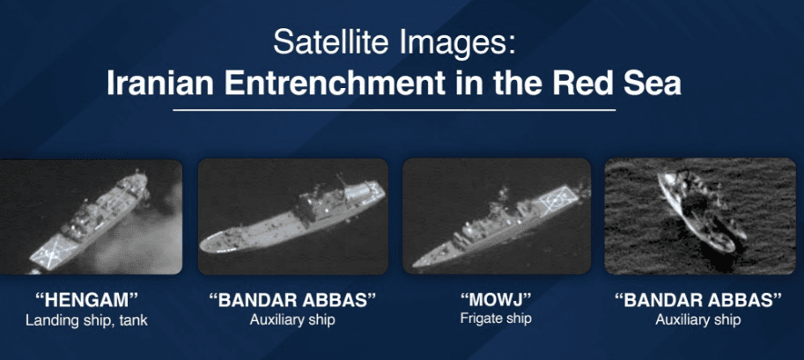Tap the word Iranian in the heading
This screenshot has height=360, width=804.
point(160,83)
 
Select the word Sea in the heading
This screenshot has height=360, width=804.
point(653,83)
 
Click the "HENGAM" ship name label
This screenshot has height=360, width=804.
point(86,300)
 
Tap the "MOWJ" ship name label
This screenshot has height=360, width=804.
point(495,299)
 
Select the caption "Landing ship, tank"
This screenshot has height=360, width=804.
point(86,321)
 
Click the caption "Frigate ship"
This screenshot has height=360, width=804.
point(496,318)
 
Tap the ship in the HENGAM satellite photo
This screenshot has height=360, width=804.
point(90,221)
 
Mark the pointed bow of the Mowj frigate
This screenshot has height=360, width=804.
point(413,266)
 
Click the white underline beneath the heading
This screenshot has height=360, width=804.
point(395,110)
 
